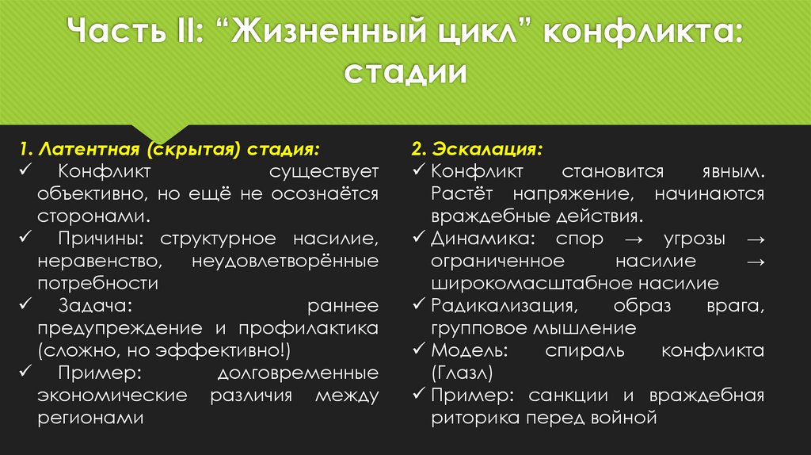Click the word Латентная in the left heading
(90, 149)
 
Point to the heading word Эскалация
(496, 149)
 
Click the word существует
(322, 171)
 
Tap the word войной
(630, 417)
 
